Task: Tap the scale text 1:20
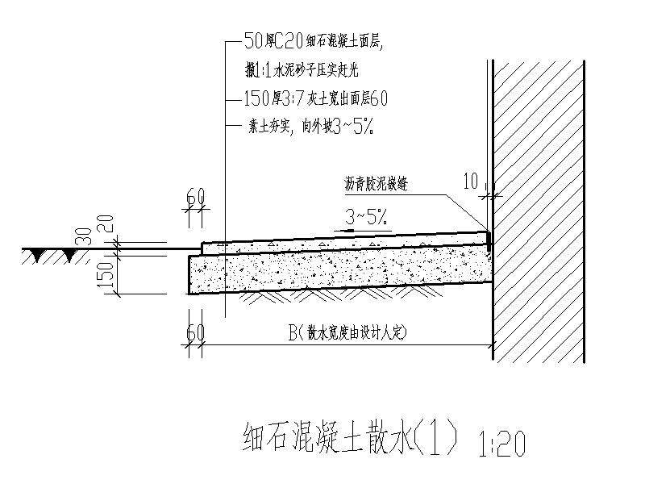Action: tap(501, 443)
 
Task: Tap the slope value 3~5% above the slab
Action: tap(367, 215)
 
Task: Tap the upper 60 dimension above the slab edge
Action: tap(194, 196)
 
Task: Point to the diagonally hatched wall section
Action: tap(537, 210)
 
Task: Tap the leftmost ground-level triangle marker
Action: tap(36, 255)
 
